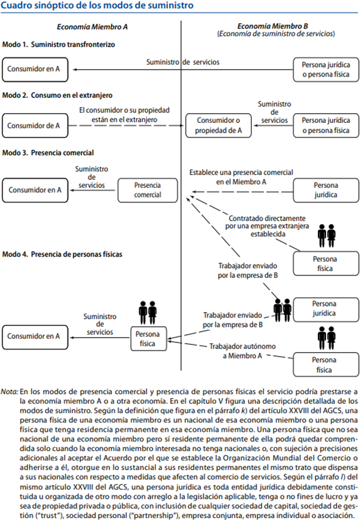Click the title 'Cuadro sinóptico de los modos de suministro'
coord(98,6)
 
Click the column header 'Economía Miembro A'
coord(92,27)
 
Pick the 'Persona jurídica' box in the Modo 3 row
coord(322,189)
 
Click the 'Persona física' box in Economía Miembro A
coord(147,339)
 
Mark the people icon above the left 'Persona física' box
coord(147,312)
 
